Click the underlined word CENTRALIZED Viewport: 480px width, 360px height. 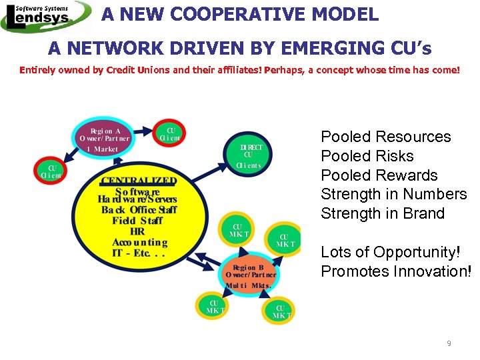(139, 180)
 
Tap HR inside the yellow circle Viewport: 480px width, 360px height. (137, 231)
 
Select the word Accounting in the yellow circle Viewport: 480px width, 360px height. (139, 243)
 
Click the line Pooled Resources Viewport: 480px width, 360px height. (385, 137)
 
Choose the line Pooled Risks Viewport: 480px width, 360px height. (367, 156)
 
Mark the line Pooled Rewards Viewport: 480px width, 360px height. (379, 175)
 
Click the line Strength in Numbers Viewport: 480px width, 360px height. (393, 194)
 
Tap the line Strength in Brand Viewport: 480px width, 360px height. (382, 213)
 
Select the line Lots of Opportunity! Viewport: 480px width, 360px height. (389, 252)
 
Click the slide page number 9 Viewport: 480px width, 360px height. (449, 343)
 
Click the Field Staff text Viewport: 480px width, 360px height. (137, 221)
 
